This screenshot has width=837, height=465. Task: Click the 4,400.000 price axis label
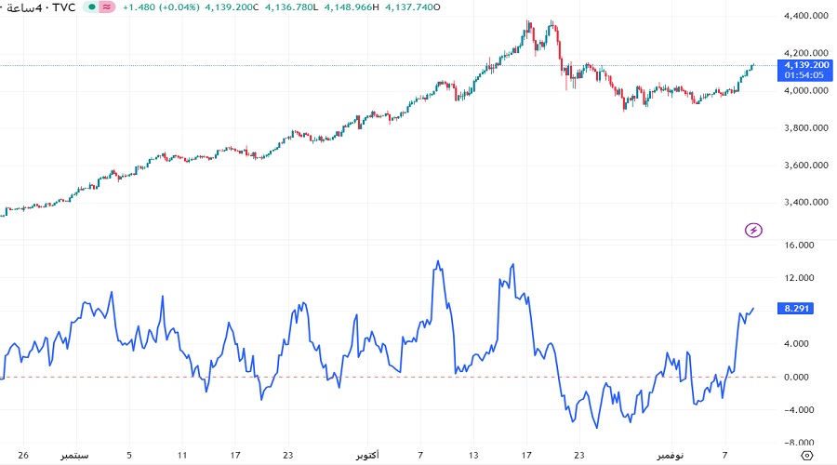pyautogui.click(x=807, y=17)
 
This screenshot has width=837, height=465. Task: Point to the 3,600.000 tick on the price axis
pyautogui.click(x=807, y=166)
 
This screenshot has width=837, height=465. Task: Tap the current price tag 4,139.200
pyautogui.click(x=806, y=65)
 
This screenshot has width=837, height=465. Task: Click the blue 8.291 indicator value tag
pyautogui.click(x=799, y=308)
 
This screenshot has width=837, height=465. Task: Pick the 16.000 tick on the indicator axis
pyautogui.click(x=800, y=246)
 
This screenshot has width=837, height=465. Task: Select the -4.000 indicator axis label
pyautogui.click(x=800, y=410)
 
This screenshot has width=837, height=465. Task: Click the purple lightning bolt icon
pyautogui.click(x=754, y=230)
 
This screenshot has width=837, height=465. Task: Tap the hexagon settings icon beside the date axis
pyautogui.click(x=806, y=455)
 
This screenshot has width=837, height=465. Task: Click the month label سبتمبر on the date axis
pyautogui.click(x=76, y=456)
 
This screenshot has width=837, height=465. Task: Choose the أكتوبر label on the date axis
pyautogui.click(x=373, y=456)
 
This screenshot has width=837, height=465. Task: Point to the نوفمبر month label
pyautogui.click(x=667, y=456)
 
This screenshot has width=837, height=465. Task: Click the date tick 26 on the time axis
pyautogui.click(x=24, y=456)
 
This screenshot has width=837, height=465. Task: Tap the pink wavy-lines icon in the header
pyautogui.click(x=107, y=7)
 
